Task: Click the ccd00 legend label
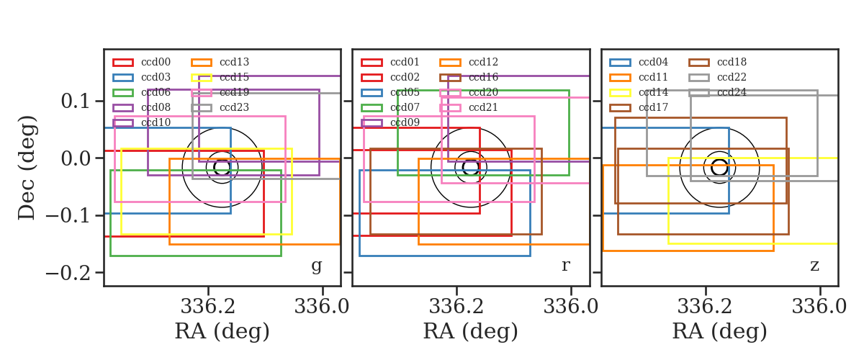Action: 156,62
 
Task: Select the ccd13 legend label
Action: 234,62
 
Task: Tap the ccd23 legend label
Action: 234,107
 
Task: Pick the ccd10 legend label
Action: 156,122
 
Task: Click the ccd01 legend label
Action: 405,62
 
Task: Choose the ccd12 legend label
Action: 483,62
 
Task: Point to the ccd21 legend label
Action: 483,107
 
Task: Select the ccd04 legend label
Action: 653,62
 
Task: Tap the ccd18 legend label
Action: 732,62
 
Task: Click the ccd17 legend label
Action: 653,107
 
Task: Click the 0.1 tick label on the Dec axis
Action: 76,102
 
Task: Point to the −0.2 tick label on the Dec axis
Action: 68,273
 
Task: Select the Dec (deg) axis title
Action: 27,168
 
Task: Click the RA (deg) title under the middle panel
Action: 471,331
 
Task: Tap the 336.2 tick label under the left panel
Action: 208,307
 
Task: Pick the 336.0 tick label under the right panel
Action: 819,307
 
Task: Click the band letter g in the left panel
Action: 316,266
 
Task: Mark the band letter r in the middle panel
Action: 565,265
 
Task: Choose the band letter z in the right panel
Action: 814,266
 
